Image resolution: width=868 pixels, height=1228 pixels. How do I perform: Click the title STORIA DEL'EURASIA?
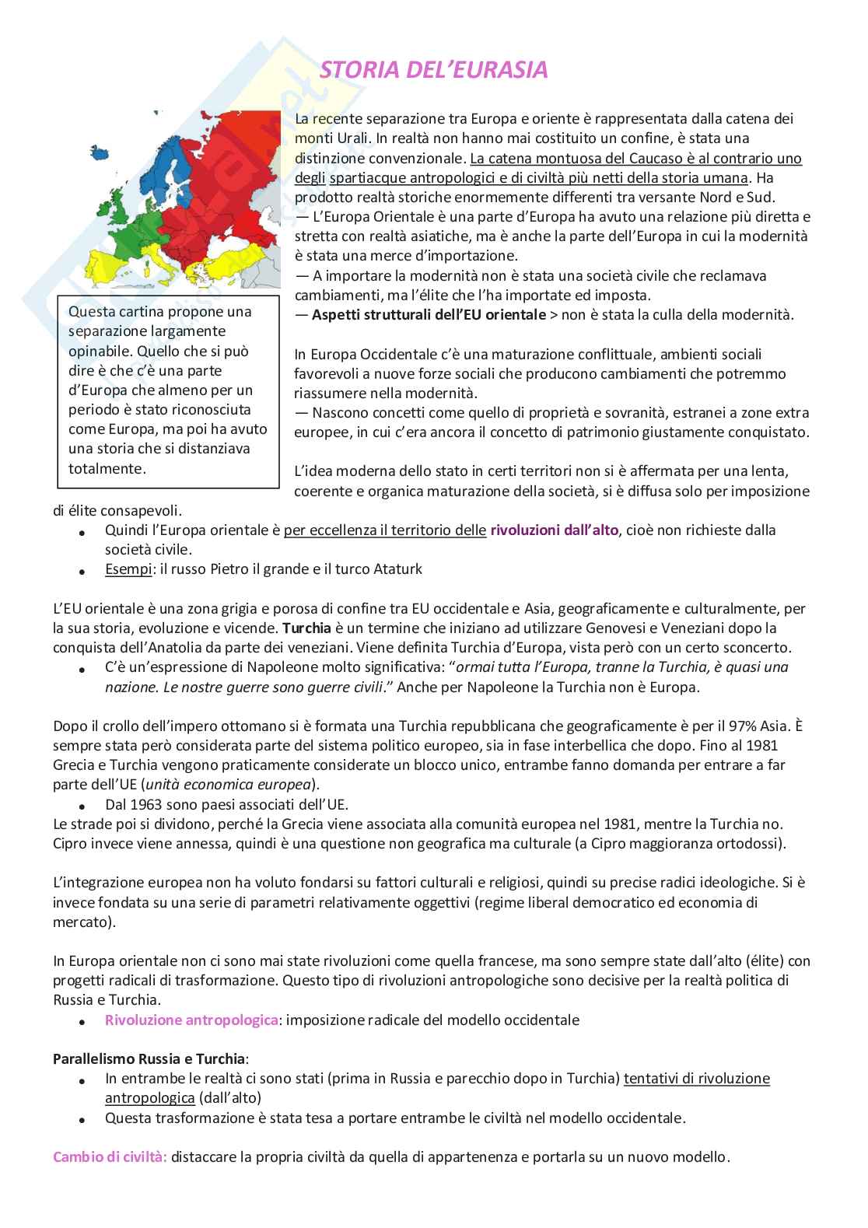point(434,70)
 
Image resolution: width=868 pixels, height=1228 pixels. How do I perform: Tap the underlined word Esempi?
point(128,569)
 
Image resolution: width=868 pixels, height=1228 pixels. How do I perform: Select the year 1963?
point(148,804)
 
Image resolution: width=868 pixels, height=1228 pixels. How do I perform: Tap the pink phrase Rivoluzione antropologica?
point(191,1020)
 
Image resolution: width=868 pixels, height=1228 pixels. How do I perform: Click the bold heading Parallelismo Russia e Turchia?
point(149,1059)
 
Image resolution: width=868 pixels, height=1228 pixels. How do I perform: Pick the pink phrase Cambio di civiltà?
point(110,1156)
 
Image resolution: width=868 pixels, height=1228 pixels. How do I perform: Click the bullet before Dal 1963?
point(82,805)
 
